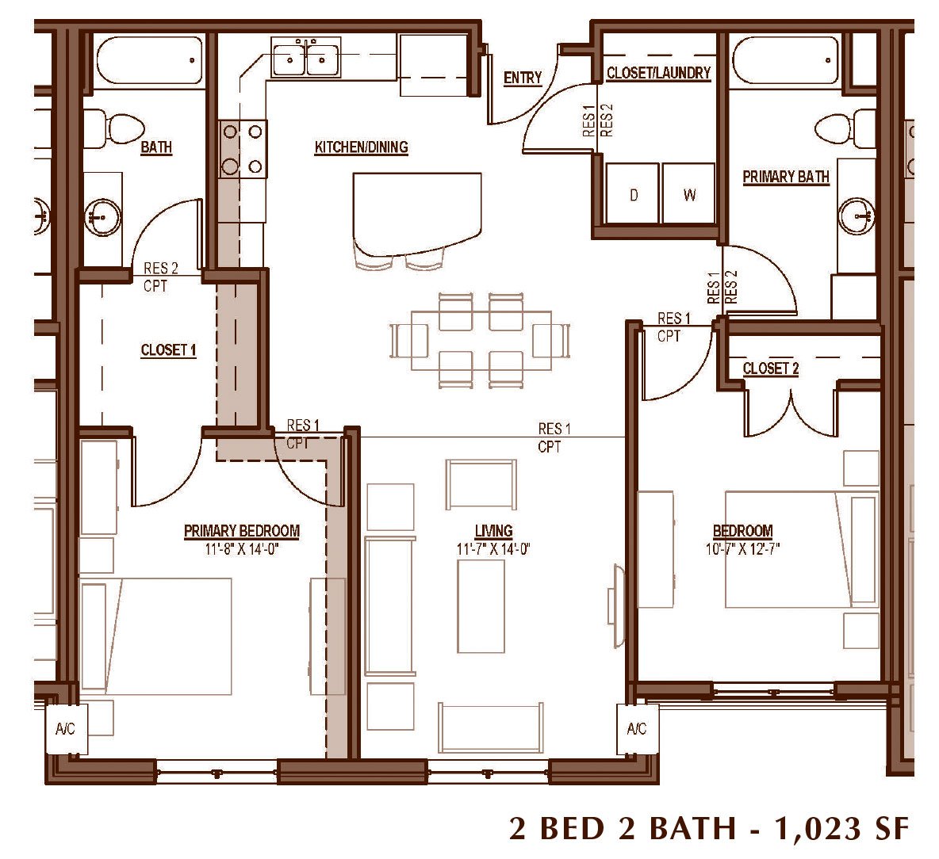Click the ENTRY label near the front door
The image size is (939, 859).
point(522,78)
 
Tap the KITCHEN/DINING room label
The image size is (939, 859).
point(362,147)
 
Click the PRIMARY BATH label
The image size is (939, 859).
point(786,177)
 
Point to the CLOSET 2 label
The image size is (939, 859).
point(771,368)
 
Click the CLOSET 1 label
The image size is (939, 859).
point(168,350)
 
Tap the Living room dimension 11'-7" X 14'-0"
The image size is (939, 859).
point(493,548)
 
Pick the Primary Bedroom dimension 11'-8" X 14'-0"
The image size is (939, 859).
point(242,548)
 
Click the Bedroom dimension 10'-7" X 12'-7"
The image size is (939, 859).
point(742,548)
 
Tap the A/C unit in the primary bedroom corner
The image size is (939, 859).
point(66,728)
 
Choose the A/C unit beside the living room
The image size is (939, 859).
point(637,728)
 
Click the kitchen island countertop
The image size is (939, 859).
point(417,212)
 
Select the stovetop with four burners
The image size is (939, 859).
point(243,148)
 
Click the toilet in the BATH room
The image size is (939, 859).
point(113,128)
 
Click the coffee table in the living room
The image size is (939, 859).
point(481,606)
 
